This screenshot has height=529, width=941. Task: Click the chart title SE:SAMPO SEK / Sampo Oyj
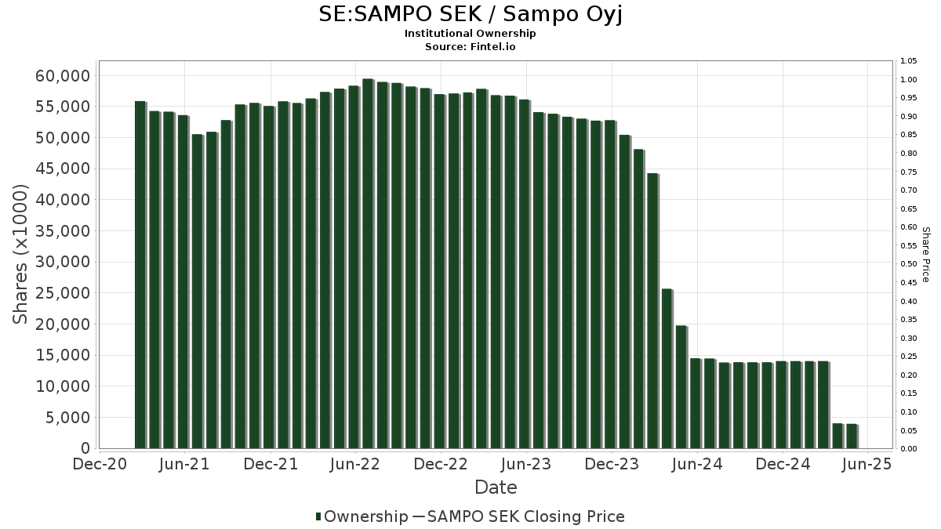[470, 14]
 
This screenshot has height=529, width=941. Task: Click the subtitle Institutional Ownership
[470, 34]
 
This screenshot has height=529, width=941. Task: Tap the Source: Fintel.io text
[470, 46]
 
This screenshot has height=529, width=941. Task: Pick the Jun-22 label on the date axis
[355, 464]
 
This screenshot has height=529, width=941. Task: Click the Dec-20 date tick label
[100, 464]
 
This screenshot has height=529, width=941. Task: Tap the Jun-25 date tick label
[867, 464]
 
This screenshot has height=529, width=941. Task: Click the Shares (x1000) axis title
[20, 254]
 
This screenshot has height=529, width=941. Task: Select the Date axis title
[496, 487]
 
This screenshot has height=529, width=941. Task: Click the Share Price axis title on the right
[925, 254]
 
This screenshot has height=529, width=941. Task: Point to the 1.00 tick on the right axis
[909, 79]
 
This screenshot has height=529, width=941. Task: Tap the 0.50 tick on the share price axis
[909, 264]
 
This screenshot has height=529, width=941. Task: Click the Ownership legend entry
[362, 516]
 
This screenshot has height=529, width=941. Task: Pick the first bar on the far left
[140, 274]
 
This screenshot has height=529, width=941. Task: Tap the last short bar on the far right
[852, 436]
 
